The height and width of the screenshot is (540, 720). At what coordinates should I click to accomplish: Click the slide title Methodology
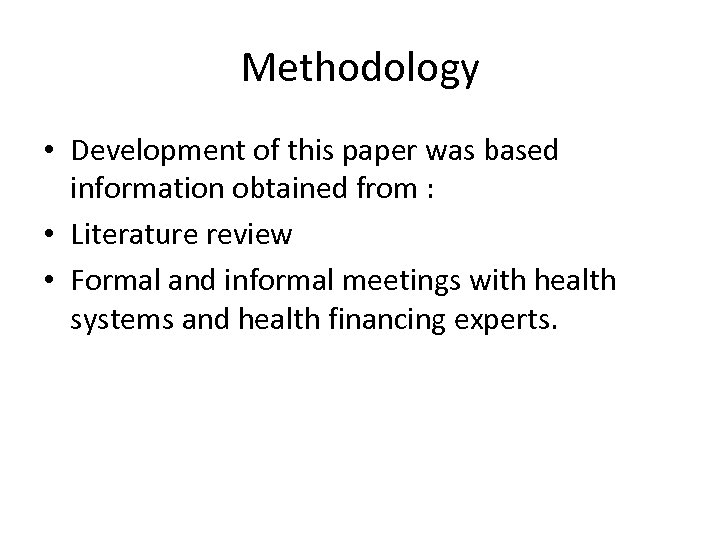pos(360,69)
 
